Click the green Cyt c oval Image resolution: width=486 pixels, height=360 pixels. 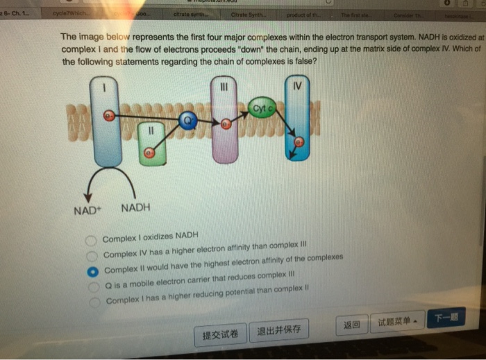pyautogui.click(x=262, y=108)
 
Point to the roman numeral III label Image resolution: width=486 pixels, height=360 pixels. pyautogui.click(x=223, y=87)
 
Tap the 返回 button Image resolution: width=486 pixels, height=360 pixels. pyautogui.click(x=352, y=325)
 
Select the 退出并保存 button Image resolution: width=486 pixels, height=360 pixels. pyautogui.click(x=278, y=330)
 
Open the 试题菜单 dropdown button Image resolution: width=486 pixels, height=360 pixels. pyautogui.click(x=396, y=323)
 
